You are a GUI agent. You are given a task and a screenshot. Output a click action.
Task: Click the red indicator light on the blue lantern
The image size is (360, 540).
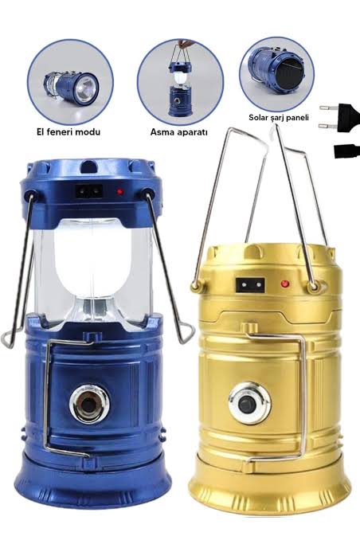pos(120,191)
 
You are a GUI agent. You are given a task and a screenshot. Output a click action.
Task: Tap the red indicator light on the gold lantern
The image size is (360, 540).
pos(284,284)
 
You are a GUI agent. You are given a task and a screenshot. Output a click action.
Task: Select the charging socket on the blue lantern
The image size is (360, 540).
pos(89,191)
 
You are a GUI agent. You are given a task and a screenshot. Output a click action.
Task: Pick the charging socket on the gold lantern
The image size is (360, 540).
pos(250,285)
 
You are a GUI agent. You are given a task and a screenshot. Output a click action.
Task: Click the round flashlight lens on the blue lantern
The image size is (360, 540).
pos(89,404)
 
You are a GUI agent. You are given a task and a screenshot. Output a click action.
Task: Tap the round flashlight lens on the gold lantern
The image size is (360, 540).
pos(250,403)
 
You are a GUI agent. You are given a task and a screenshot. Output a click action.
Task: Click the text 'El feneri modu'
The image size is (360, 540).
pos(68,131)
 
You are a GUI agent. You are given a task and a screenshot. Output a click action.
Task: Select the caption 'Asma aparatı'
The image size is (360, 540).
pos(178,132)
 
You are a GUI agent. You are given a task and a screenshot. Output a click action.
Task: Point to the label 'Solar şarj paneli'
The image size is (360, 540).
pos(279,118)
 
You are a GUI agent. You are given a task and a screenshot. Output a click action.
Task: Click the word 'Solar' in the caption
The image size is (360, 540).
pos(259,117)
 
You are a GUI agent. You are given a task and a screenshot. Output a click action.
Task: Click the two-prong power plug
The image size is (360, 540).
pos(340,118)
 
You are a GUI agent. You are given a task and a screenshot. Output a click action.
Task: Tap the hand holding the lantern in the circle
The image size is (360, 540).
pos(186,43)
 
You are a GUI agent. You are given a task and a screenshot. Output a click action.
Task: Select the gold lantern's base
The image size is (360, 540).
pos(269,483)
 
